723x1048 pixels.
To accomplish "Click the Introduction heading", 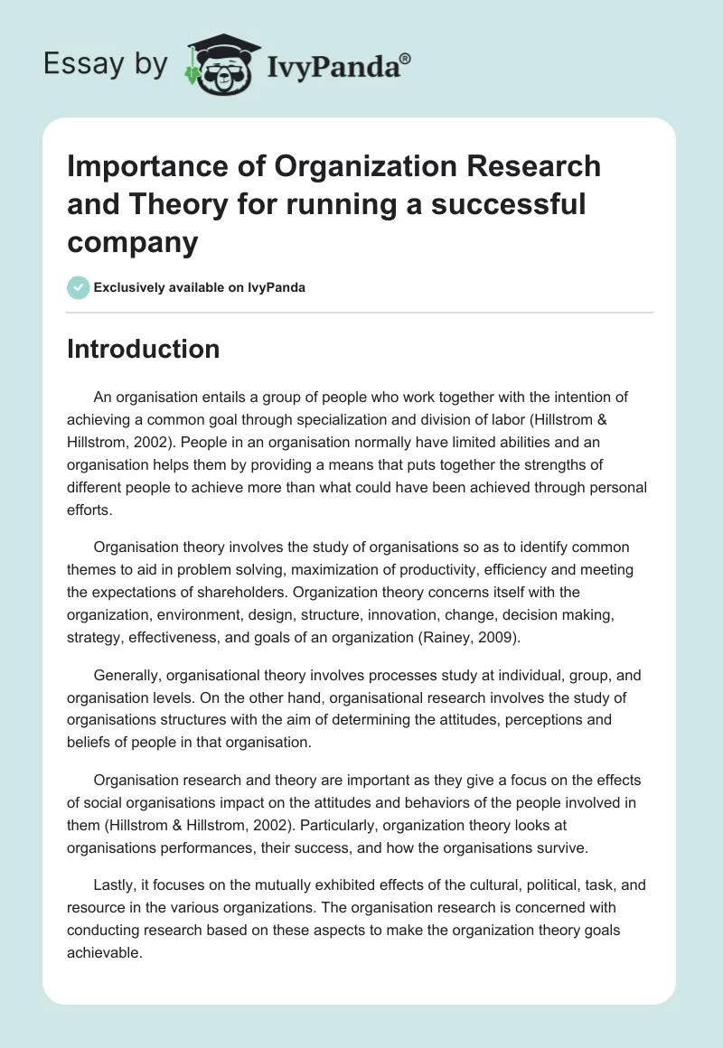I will (x=143, y=349).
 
